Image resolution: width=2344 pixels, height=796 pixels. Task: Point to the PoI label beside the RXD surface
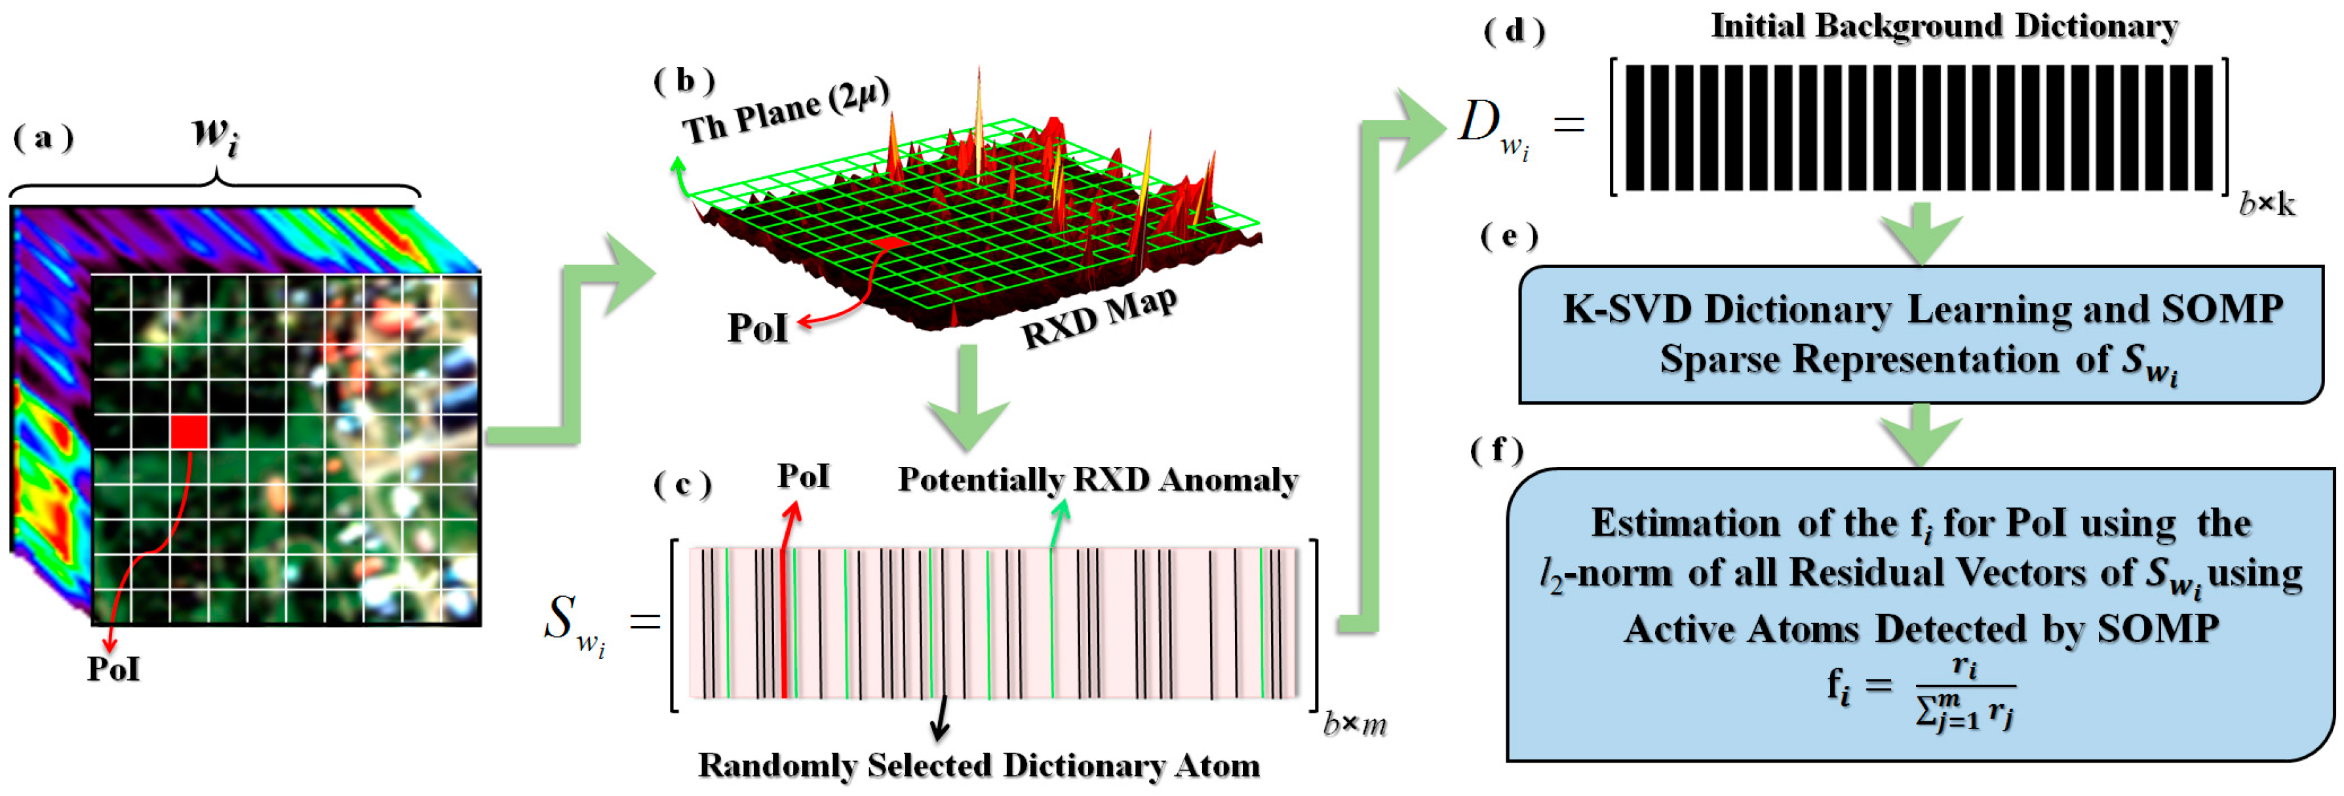(757, 327)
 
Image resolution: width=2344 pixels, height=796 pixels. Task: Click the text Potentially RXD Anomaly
(1097, 479)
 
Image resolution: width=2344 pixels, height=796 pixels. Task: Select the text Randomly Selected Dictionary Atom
(978, 765)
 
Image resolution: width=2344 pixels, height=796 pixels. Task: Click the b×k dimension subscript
(2266, 205)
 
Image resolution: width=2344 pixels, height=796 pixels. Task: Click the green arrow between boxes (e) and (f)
(1920, 435)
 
